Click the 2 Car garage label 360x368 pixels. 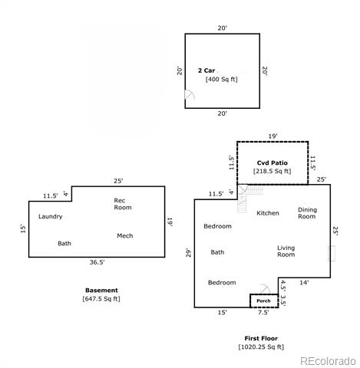206,71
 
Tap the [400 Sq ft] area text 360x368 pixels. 222,79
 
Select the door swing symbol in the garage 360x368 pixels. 190,94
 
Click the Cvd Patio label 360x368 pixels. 272,163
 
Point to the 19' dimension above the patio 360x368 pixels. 272,136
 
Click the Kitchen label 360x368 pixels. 268,213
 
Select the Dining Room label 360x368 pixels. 307,213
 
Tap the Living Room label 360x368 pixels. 286,251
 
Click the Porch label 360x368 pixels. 263,301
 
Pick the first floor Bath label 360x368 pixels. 217,252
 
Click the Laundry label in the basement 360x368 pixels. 51,217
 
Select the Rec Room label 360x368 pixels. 123,204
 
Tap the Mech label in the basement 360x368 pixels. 125,235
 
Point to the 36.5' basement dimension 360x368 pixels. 97,262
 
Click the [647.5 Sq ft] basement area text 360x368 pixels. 101,299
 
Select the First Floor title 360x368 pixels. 261,338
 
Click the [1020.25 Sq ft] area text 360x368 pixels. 261,347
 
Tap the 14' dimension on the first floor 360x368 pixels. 304,282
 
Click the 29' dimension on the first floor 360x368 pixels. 188,253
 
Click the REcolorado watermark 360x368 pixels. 328,361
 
